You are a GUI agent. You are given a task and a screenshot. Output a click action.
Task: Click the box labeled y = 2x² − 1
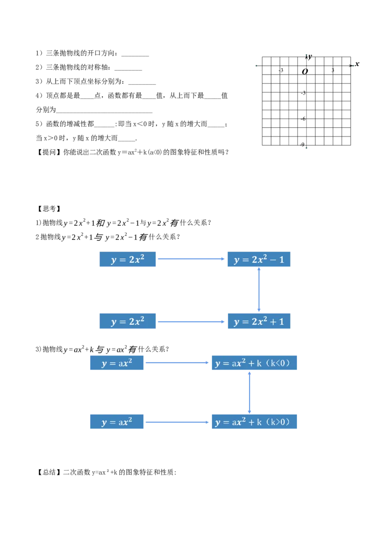pos(259,259)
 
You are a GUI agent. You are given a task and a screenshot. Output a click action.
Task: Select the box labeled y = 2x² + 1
pos(259,322)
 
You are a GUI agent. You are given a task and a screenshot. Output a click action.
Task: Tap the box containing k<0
pos(255,363)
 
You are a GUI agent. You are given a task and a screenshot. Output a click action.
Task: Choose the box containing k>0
pos(255,422)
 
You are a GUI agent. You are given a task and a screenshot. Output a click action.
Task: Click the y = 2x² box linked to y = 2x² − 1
pos(127,259)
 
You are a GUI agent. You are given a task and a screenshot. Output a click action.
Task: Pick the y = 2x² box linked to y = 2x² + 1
pos(127,322)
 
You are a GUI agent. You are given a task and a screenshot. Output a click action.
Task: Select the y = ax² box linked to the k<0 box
pos(117,363)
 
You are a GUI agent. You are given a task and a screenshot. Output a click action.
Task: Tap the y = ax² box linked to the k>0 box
pos(117,422)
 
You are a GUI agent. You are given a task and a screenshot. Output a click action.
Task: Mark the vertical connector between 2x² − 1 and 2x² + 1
pos(259,290)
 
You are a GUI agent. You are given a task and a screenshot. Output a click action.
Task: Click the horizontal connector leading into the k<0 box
pos(177,363)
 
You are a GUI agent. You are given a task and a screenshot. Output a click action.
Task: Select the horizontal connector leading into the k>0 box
pos(177,422)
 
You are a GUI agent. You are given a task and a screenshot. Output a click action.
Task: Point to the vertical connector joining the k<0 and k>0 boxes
pos(250,392)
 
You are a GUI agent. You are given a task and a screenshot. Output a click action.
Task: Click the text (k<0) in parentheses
pos(280,363)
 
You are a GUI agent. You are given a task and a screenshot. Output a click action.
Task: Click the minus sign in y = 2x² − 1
pos(273,260)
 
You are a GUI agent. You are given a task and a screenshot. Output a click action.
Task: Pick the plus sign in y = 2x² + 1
pos(273,322)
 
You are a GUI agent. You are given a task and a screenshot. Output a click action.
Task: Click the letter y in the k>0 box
pos(218,423)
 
